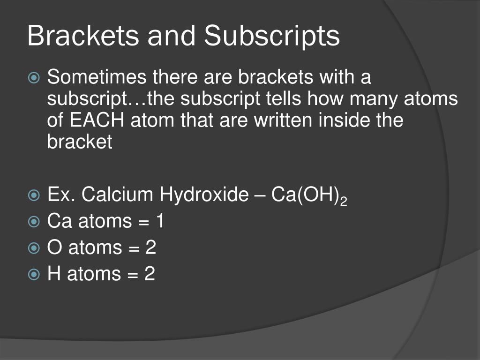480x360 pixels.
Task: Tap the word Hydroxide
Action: tap(203, 195)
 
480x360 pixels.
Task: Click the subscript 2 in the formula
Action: tap(344, 200)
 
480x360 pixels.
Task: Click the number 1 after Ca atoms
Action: tap(160, 221)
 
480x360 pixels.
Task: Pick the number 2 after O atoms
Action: tap(150, 247)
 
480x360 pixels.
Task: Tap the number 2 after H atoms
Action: tap(150, 274)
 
